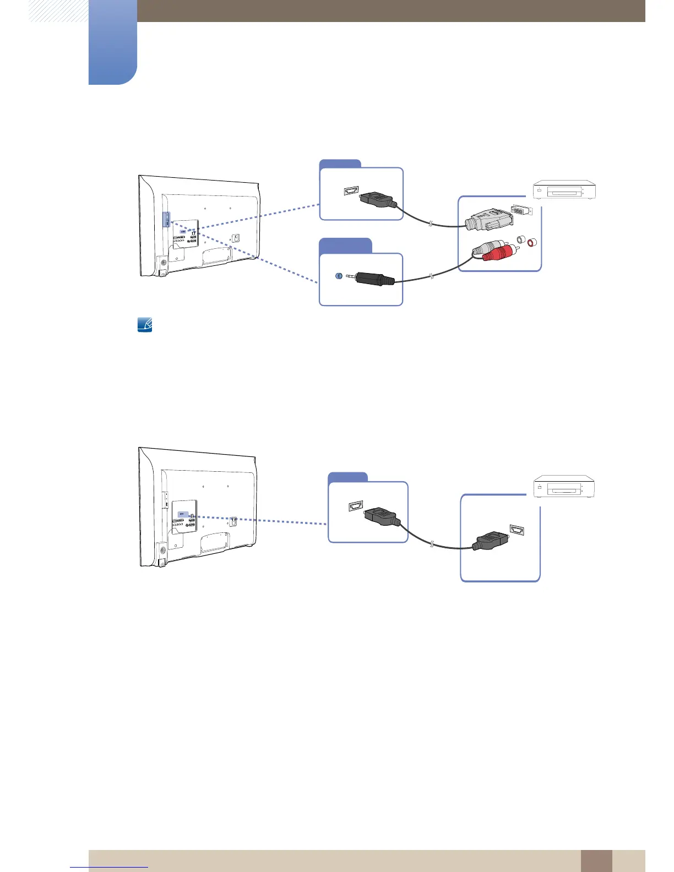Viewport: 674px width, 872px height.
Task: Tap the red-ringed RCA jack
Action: tap(531, 243)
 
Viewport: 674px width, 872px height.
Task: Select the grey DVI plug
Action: tap(487, 221)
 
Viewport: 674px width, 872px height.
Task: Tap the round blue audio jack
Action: tap(339, 275)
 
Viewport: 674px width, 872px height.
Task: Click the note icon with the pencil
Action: tap(144, 325)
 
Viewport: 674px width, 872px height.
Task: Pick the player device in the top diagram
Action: tap(563, 190)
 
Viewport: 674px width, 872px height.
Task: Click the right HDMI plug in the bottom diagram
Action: tap(490, 541)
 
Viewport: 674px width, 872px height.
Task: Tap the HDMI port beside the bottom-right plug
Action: tap(517, 530)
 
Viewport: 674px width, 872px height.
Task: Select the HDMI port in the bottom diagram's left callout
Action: tap(356, 505)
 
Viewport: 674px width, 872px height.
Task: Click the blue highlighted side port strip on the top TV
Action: tap(166, 219)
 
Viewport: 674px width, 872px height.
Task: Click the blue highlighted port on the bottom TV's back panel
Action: tap(182, 516)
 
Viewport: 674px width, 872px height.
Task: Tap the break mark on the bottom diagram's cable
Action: tap(432, 545)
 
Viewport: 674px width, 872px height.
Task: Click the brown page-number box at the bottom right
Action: tap(596, 860)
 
